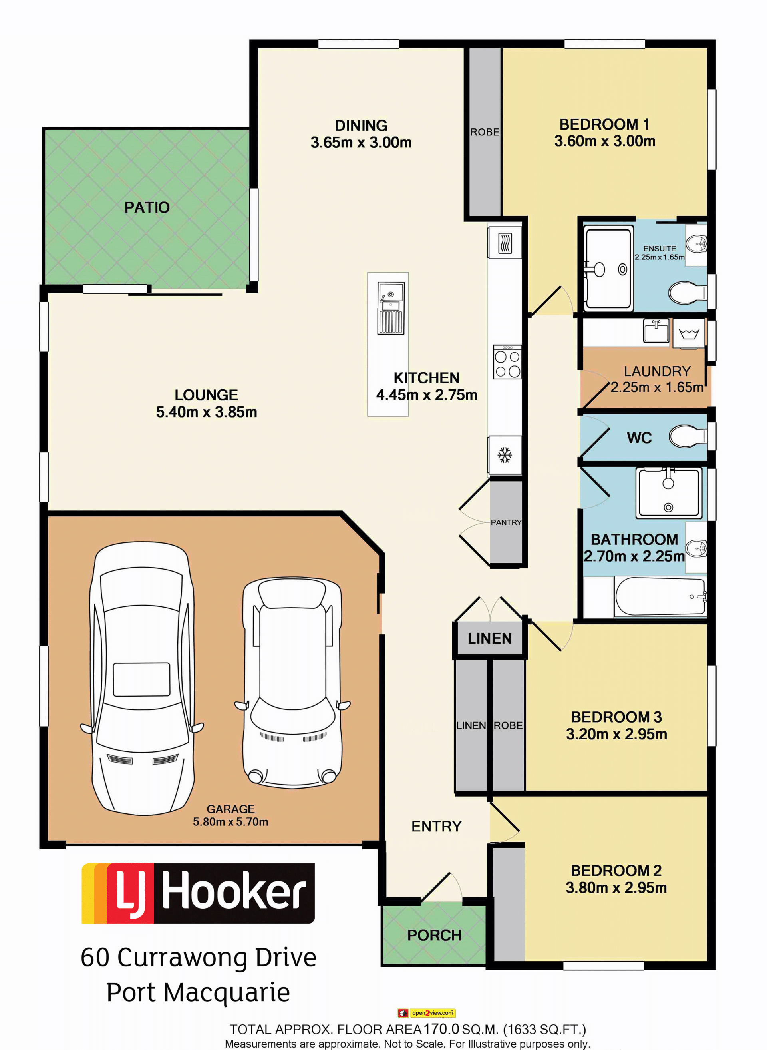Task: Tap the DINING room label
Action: coord(361,126)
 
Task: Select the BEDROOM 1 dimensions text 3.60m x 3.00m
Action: coord(604,141)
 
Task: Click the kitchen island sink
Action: coord(390,308)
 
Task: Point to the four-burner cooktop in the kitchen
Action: coord(507,362)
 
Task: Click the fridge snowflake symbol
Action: coord(505,455)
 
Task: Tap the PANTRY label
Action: coord(506,523)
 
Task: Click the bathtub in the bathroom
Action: coord(660,597)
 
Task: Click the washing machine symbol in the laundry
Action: coord(689,333)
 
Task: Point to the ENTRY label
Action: coord(436,827)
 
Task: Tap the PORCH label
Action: coord(434,936)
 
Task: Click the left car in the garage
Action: coord(141,678)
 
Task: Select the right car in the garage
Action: coord(292,683)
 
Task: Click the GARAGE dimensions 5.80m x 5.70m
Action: coord(231,822)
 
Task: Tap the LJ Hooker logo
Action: coord(198,893)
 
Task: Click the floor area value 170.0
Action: coord(441,1029)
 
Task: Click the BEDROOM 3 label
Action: coord(616,717)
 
